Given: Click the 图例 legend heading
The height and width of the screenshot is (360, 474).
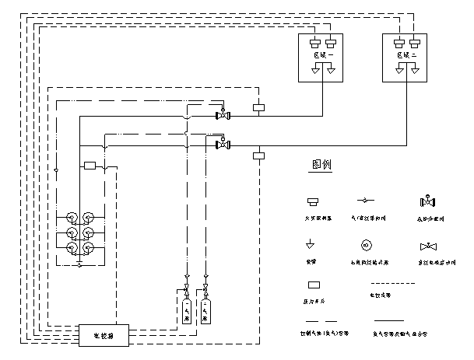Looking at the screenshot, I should [321, 166].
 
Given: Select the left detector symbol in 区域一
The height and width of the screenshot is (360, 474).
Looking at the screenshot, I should [315, 43].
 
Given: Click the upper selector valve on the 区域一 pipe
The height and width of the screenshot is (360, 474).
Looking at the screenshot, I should [223, 115].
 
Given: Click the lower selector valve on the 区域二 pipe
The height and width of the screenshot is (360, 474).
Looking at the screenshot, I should [223, 144].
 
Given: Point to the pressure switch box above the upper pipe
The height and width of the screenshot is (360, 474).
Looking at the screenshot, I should [260, 107].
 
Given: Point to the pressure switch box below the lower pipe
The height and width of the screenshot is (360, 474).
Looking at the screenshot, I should [260, 156].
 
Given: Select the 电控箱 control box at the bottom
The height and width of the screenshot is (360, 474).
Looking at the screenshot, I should [104, 337].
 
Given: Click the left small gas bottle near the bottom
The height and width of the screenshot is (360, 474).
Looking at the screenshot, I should [187, 309].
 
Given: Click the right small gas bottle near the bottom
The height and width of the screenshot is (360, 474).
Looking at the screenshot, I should [205, 309].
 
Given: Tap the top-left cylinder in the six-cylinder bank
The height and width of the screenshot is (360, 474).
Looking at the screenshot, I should [72, 218].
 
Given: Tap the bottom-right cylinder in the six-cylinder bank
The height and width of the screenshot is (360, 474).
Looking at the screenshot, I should [89, 248].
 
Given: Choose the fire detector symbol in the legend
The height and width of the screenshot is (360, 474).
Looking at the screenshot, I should [314, 201].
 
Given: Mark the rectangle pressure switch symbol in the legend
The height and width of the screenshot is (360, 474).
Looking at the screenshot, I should [314, 286].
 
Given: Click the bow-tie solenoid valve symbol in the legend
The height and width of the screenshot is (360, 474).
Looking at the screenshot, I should [427, 247].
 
